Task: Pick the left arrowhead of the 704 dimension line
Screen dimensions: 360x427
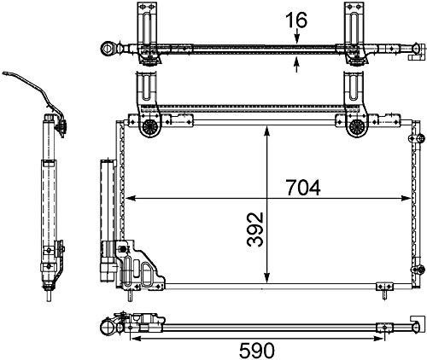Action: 131,200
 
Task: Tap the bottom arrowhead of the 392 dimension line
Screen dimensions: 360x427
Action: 268,284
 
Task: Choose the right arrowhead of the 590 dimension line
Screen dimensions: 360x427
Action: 413,334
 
